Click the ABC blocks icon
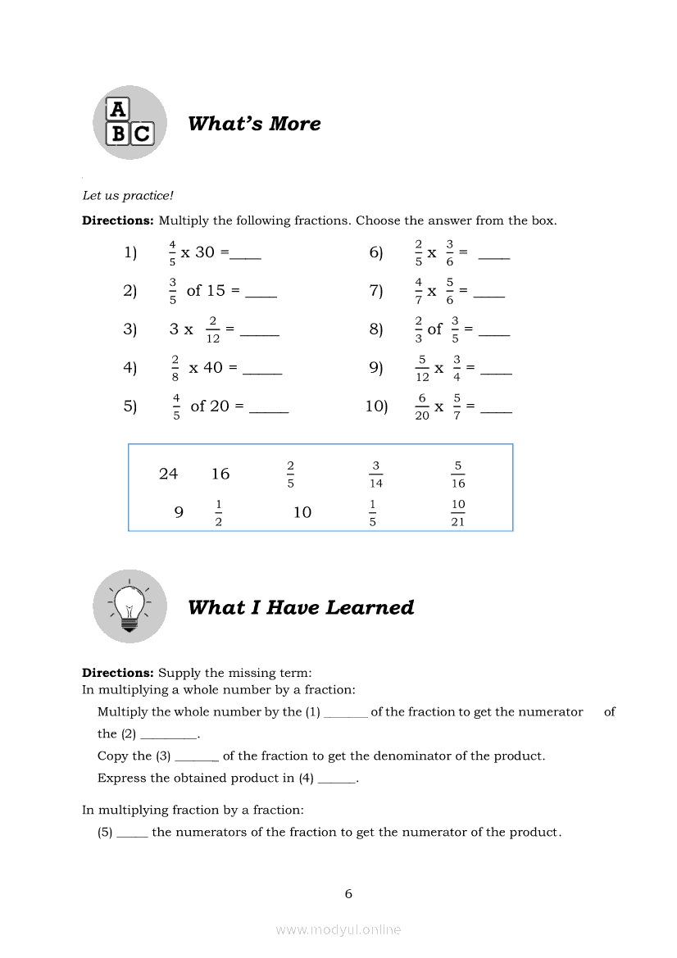click(129, 122)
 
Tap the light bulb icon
click(129, 606)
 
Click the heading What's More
click(254, 124)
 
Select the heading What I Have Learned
click(301, 607)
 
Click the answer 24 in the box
click(168, 474)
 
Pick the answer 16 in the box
click(220, 474)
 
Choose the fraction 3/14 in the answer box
click(375, 474)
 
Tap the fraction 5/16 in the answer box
click(458, 474)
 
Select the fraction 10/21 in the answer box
click(458, 512)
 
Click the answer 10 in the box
click(302, 512)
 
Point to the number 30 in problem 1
click(205, 252)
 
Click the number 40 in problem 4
click(213, 368)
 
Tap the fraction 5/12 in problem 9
click(422, 368)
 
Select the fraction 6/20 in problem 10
click(421, 406)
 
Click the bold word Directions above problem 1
click(118, 220)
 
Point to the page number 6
click(348, 894)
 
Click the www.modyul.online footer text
click(338, 929)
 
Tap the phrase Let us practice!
click(128, 196)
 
